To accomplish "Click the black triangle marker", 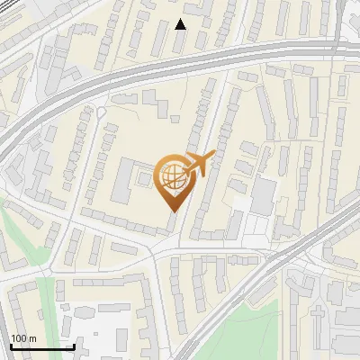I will tap(181, 24).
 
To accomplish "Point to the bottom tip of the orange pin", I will tap(172, 211).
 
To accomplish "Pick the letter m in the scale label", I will tap(32, 337).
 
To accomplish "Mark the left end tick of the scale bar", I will tap(12, 345).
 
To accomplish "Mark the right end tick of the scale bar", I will tap(74, 345).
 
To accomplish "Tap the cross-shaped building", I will tap(319, 314).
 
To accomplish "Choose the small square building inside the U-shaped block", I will tap(143, 179).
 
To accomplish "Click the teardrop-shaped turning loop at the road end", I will tap(101, 112).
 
